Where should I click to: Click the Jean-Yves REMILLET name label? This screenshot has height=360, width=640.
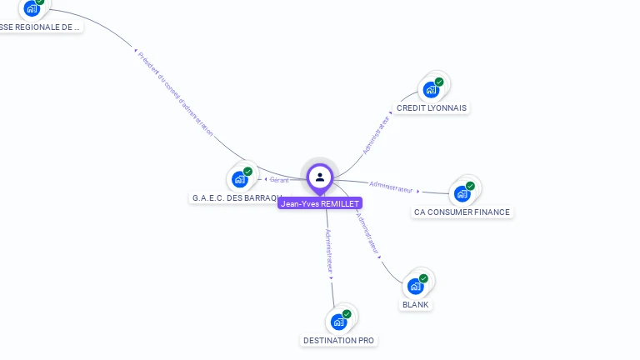pos(320,203)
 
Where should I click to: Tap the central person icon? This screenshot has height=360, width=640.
pos(320,177)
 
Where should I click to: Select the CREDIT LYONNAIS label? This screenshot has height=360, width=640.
pos(432,108)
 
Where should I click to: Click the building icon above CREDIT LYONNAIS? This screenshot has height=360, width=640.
pos(431,89)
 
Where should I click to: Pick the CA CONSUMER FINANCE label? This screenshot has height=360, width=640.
pos(462,212)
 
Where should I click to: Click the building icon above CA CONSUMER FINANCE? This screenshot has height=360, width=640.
pos(462,193)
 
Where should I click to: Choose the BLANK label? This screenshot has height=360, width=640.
pos(415,305)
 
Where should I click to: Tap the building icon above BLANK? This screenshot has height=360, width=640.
pos(415,286)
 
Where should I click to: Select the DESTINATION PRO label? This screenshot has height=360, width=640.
pos(338,341)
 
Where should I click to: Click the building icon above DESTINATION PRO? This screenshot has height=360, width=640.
pos(338,322)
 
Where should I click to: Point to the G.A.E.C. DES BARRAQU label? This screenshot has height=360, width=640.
pos(236,198)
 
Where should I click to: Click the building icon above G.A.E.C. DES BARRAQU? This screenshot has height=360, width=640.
pos(240,178)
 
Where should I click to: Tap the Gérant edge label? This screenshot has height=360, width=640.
pos(279,179)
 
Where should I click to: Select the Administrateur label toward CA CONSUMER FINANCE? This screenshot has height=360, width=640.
pos(391,186)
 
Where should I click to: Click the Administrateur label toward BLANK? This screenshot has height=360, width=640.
pos(367,232)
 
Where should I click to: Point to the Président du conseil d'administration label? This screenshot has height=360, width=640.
pos(175,93)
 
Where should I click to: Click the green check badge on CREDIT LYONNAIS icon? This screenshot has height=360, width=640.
pos(439,82)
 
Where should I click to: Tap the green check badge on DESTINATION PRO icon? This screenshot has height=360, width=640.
pos(347,314)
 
